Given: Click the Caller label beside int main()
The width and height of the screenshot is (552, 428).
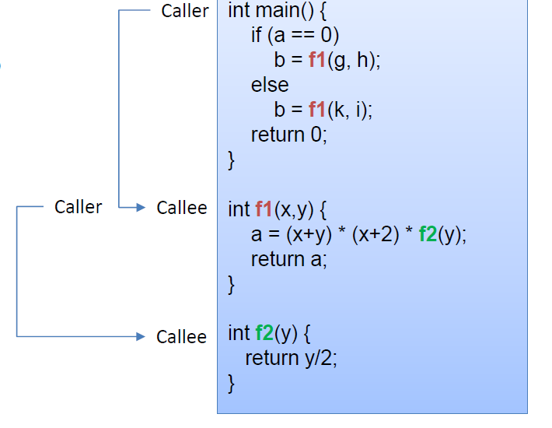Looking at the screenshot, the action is coord(185,11).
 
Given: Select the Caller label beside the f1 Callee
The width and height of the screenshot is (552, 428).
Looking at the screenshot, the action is coord(79,207).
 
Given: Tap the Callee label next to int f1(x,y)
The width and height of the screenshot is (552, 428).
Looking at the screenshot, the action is coord(182,208).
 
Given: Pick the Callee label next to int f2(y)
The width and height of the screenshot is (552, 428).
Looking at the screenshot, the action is coord(181,337).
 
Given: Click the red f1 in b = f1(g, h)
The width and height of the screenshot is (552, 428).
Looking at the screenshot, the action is coord(317,60).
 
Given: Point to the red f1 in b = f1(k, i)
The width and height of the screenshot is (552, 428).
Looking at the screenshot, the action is coord(317,109).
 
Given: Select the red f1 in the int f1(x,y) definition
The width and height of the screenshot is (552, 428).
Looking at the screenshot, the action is coord(264,209).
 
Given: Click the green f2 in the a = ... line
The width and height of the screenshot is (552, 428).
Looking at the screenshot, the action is coord(428,234).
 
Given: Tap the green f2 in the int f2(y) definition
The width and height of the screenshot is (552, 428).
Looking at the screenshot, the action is coord(264,333).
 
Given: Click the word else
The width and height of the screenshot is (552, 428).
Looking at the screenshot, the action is coord(270,85).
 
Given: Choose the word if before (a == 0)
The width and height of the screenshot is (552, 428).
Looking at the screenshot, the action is coord(257,35).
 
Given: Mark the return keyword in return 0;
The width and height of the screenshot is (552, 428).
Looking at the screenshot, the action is coord(278,135).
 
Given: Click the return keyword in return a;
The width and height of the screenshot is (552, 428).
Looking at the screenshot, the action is coord(278,259).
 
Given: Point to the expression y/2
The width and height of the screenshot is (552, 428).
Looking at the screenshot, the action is coord(318,359).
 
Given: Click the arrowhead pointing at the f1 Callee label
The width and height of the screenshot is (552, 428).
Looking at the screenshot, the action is coord(141,207).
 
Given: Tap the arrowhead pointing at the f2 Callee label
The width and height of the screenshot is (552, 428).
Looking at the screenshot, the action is coord(141,336).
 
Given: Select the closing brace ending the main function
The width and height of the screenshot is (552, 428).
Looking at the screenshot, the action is coord(231,160).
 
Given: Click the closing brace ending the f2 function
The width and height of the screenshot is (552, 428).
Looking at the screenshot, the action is coord(231,384).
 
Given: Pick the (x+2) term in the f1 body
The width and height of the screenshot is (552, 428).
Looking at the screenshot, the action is coord(376,234).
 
